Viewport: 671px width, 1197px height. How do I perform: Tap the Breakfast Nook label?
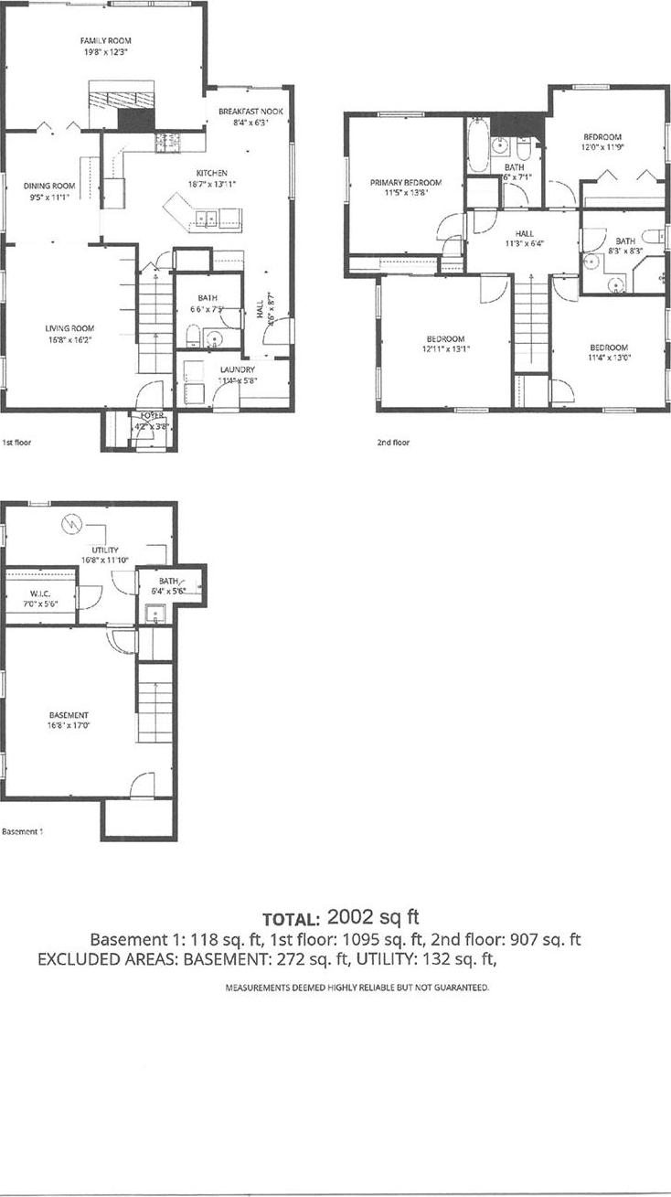[244, 111]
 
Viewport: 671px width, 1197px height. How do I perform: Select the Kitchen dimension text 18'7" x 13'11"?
[211, 184]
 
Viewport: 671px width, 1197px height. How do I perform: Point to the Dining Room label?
[49, 186]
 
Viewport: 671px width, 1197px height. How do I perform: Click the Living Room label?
[70, 328]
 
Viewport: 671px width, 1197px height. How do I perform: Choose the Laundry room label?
[237, 369]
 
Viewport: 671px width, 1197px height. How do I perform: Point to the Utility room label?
[106, 549]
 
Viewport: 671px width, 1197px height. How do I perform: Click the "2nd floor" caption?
[393, 443]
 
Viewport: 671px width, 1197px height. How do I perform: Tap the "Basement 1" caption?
[23, 832]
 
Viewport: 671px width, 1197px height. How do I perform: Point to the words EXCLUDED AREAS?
[108, 959]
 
